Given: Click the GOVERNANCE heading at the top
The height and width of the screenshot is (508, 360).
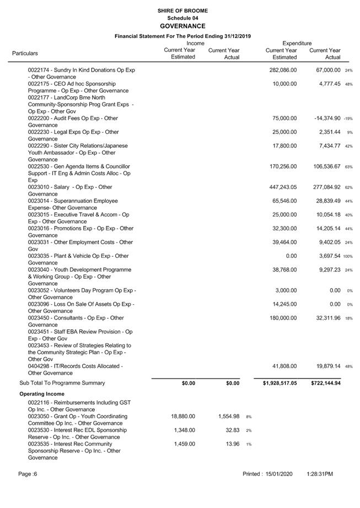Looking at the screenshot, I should pyautogui.click(x=182, y=26).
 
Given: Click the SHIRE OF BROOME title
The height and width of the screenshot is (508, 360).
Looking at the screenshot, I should pyautogui.click(x=182, y=10).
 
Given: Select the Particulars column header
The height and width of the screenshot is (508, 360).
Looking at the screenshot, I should pyautogui.click(x=25, y=53).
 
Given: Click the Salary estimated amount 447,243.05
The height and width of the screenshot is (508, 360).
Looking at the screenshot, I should pyautogui.click(x=282, y=187).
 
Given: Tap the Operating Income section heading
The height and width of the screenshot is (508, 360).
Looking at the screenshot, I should pyautogui.click(x=42, y=394).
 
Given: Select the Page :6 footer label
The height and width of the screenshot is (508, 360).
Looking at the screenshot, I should pyautogui.click(x=28, y=474).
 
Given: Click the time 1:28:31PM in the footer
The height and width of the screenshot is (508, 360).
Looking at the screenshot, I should pyautogui.click(x=320, y=474).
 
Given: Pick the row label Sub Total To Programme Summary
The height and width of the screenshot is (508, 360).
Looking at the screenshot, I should pyautogui.click(x=62, y=383).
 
